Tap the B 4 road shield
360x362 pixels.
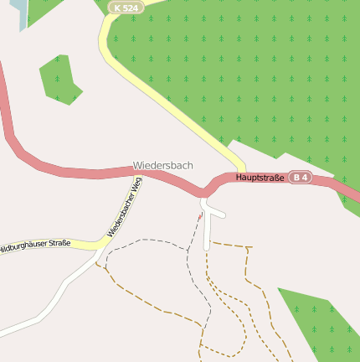(301, 178)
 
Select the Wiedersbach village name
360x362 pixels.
(162, 166)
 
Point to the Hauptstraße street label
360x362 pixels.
(260, 178)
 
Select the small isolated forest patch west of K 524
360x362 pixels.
(59, 80)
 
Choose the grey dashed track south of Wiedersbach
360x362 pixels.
(151, 241)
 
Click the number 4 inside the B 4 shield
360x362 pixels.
(306, 178)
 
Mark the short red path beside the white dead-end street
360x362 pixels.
(199, 218)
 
